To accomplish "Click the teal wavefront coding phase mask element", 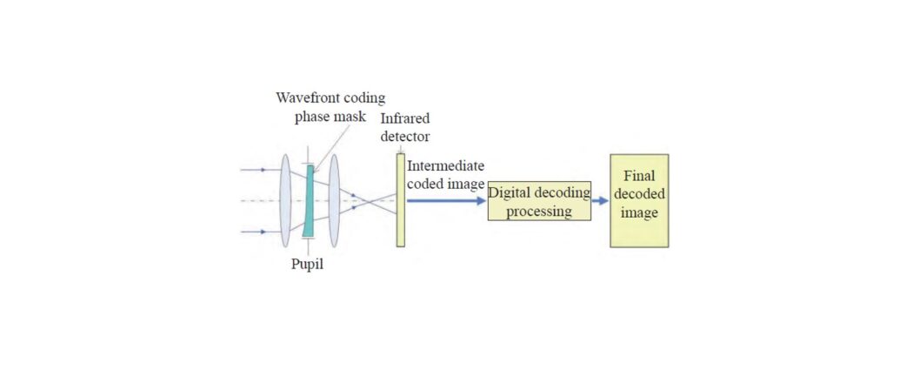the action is coord(309,201).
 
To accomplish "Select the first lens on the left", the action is coord(285,200).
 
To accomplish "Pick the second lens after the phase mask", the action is coord(334,200).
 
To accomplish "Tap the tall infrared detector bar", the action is coord(400,200).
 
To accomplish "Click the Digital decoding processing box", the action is coord(539,202).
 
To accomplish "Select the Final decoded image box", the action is coord(639,200).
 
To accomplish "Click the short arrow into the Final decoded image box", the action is coord(600,201).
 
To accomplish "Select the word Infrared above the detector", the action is coord(405,119).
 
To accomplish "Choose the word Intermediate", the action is coord(445,166).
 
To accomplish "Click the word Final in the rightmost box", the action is coord(640,176).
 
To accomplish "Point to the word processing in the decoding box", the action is coord(539,212).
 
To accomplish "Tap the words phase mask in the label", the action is coord(330,118).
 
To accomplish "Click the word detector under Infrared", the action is coord(405,138).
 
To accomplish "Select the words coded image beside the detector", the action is coord(445,184).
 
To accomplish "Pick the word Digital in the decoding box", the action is coord(509,193).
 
